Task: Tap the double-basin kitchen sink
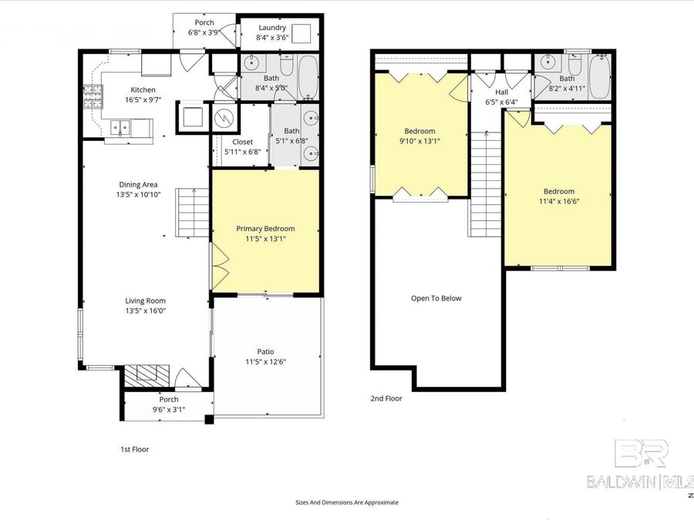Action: (x=120, y=127)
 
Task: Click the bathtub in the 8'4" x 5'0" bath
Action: (x=306, y=77)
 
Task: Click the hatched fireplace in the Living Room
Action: (x=147, y=374)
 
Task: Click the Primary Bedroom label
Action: (x=265, y=229)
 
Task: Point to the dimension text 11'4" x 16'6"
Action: (x=558, y=202)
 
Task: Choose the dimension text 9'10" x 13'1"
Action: (x=419, y=141)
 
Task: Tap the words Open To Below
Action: (x=436, y=298)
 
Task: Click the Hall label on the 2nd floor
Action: (x=500, y=92)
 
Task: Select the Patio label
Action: (x=265, y=351)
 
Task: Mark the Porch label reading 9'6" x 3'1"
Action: (x=168, y=409)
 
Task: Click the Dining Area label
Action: (x=138, y=184)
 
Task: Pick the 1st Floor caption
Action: (x=134, y=448)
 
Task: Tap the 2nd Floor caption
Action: (x=386, y=398)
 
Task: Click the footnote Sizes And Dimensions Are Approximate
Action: (x=347, y=502)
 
